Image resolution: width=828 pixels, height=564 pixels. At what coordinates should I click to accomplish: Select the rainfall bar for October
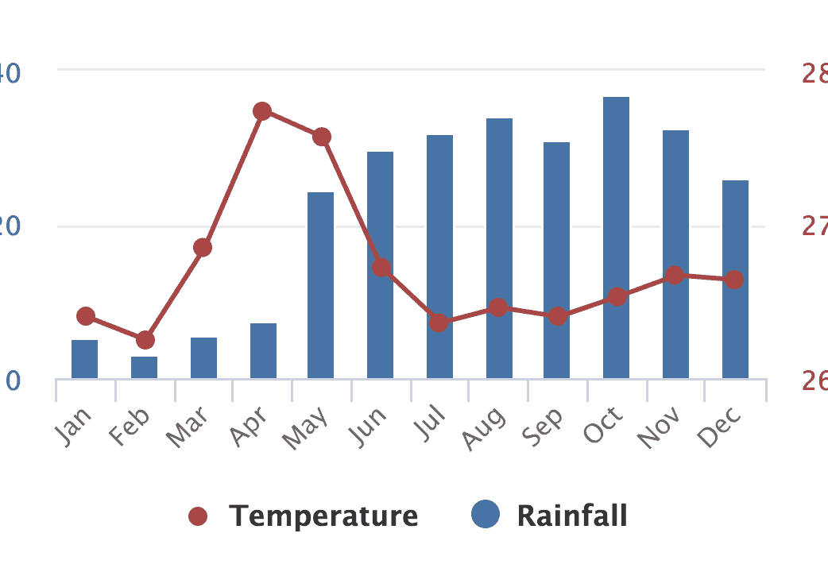point(616,238)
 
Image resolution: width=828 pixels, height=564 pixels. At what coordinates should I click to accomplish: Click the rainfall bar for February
point(144,368)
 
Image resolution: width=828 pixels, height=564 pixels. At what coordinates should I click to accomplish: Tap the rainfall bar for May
point(320,286)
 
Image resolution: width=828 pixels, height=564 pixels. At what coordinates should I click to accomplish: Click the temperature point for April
point(263,111)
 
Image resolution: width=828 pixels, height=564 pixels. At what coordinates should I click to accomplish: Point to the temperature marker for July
point(439,323)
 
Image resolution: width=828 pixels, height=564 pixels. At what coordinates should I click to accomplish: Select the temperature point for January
point(86,316)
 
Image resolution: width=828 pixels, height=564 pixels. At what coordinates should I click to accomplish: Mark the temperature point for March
point(203,248)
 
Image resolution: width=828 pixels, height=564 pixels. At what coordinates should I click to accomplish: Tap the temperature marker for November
point(675,276)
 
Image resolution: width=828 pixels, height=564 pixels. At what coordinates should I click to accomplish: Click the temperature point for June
point(381,267)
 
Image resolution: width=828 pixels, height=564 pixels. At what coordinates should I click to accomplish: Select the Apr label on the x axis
point(248,427)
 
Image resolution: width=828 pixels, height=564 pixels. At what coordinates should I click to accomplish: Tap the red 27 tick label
point(814,226)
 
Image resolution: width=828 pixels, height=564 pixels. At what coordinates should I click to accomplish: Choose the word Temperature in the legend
point(323,516)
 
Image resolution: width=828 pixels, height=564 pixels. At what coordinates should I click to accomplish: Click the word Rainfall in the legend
point(572,516)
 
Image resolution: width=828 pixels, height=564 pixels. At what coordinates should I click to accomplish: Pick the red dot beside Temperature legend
point(198,517)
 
